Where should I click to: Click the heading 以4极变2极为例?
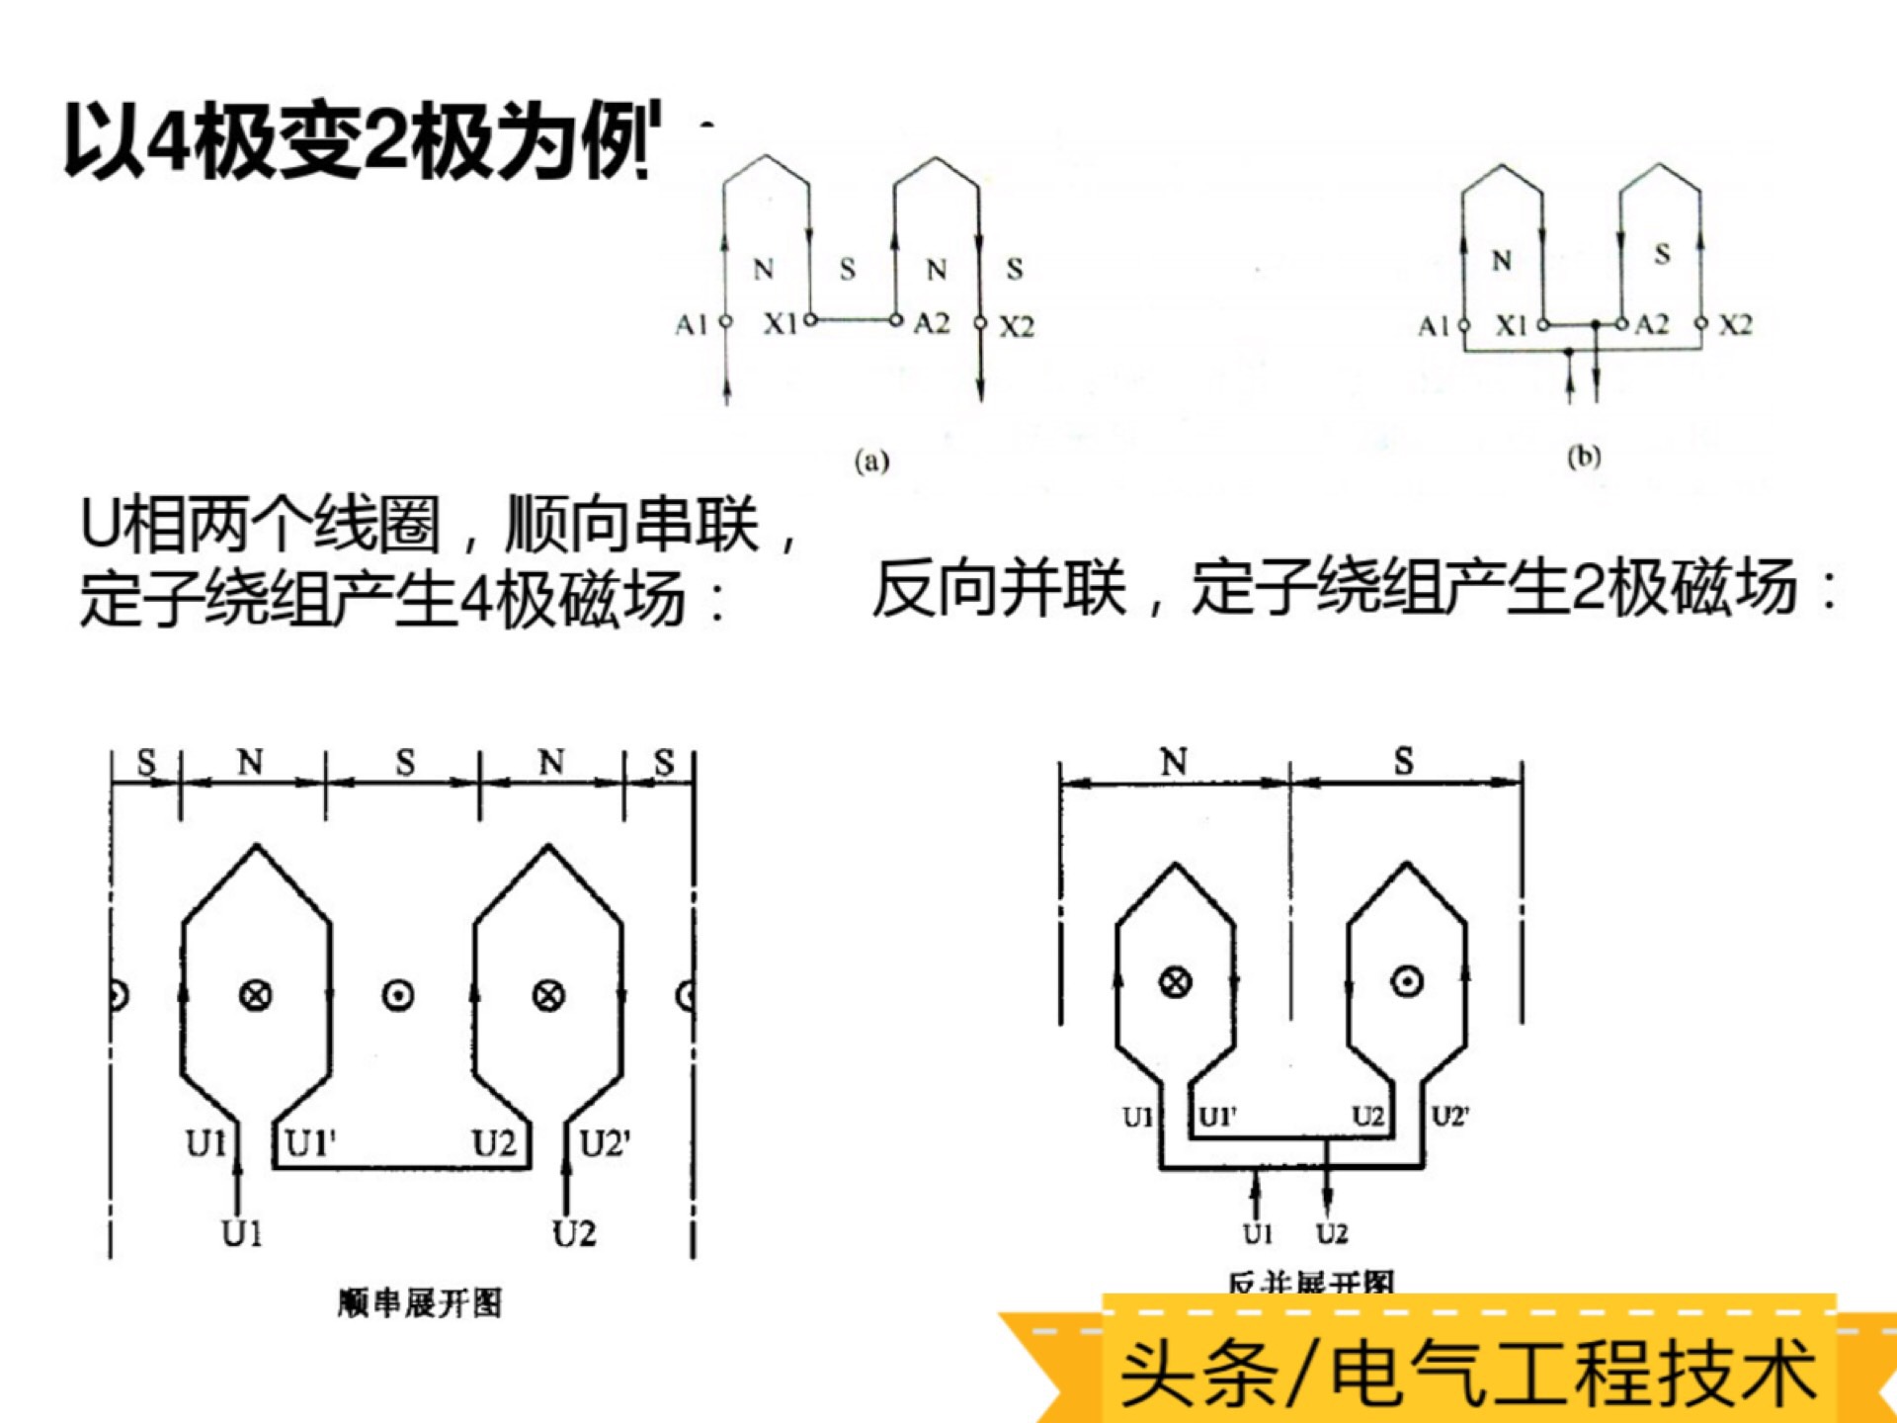pos(362,141)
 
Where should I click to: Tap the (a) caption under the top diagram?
pos(871,460)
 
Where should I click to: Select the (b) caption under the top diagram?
pos(1583,457)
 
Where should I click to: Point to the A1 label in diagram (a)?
pos(692,324)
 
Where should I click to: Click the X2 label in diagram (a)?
pos(1017,326)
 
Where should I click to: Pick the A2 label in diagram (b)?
pos(1652,324)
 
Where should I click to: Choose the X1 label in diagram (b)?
pos(1511,325)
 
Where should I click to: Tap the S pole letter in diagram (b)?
pos(1663,255)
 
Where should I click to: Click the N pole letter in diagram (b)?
pos(1502,261)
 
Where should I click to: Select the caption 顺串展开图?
pos(420,1302)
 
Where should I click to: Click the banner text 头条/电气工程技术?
pos(1468,1372)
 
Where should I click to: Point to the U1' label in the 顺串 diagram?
pos(310,1143)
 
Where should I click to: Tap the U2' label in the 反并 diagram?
pos(1450,1117)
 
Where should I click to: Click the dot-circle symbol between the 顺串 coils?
pos(398,995)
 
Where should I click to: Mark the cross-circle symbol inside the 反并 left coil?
pos(1175,982)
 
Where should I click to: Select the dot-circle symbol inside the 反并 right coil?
pos(1407,981)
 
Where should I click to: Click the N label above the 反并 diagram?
pos(1174,762)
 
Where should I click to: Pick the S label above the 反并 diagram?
pos(1404,761)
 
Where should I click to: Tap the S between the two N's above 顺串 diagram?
pos(405,762)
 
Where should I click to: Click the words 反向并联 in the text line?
pos(998,589)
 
